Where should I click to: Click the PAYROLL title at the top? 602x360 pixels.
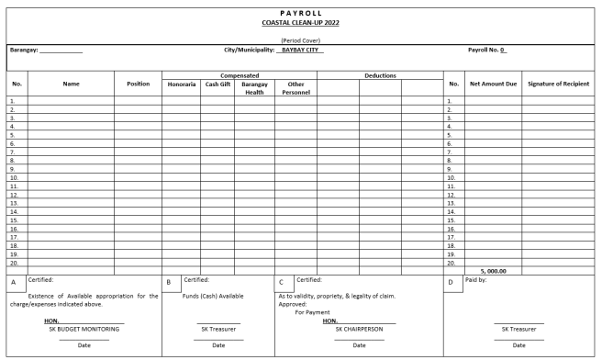[x=300, y=11]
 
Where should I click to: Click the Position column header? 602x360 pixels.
[x=138, y=84]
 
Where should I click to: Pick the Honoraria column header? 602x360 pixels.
[x=181, y=84]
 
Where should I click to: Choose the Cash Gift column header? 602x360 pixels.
[x=217, y=84]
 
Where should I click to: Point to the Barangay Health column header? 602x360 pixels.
[x=253, y=87]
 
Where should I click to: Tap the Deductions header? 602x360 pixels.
[x=378, y=75]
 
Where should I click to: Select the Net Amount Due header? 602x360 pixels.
[x=494, y=84]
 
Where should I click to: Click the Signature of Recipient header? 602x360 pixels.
[x=561, y=84]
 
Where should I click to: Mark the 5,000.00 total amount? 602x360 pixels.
[x=494, y=271]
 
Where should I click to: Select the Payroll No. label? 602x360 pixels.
[x=487, y=50]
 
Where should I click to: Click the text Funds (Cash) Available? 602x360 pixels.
[x=218, y=297]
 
